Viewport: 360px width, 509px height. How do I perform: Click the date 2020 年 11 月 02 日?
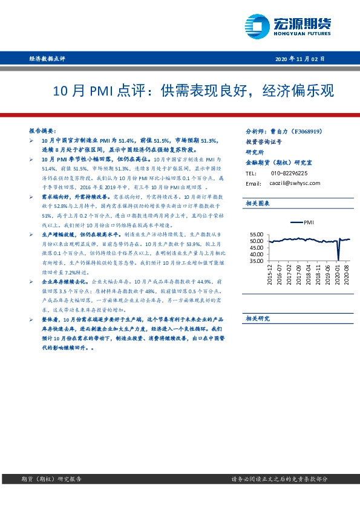tap(300, 59)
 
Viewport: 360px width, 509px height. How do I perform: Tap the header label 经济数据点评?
tap(47, 59)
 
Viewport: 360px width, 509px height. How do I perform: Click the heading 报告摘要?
tap(42, 131)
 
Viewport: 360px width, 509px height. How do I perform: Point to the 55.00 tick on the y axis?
tap(256, 234)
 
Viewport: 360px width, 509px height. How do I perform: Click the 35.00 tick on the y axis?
tap(256, 261)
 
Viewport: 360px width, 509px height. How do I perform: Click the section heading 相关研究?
tap(257, 318)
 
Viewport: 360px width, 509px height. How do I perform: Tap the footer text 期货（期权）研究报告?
tap(55, 479)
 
